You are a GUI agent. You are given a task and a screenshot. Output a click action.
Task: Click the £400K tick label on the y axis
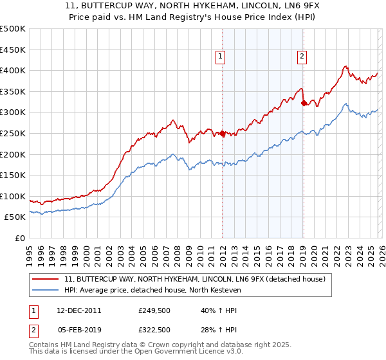pos(13,71)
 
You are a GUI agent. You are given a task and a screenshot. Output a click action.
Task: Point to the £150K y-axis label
pos(13,175)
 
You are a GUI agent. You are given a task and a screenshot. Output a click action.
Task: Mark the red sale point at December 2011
pos(223,134)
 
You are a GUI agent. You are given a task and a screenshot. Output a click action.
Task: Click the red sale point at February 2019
pos(304,103)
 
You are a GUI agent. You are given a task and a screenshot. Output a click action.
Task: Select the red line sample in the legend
pos(46,279)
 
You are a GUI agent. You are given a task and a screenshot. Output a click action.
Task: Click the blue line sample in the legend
pos(46,289)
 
